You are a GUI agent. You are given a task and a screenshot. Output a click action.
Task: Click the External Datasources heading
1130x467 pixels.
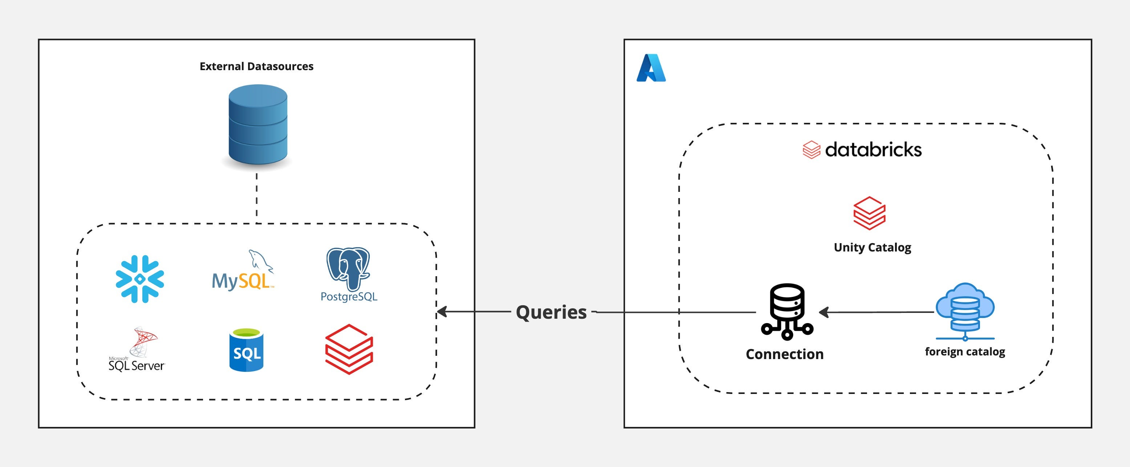256,66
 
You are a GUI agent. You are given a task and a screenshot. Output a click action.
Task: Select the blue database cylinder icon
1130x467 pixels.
258,125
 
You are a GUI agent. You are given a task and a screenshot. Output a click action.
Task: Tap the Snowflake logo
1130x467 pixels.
140,279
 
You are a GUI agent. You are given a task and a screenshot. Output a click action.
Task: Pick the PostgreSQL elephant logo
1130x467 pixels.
349,275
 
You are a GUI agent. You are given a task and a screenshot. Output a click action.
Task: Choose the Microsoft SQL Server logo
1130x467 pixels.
137,349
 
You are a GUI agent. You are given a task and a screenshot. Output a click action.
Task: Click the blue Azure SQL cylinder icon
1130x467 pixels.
247,350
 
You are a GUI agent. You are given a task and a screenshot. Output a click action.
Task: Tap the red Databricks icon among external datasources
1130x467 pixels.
349,349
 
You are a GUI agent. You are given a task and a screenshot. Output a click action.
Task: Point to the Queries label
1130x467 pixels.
551,312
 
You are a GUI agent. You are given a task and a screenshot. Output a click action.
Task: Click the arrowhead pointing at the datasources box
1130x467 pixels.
442,312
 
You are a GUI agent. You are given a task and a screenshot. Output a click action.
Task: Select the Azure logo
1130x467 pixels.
651,68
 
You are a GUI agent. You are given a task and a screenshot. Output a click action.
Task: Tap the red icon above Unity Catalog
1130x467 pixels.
870,213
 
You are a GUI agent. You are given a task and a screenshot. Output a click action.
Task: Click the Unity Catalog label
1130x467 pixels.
872,247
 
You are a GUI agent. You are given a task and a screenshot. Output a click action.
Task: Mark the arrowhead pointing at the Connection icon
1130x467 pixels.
824,312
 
